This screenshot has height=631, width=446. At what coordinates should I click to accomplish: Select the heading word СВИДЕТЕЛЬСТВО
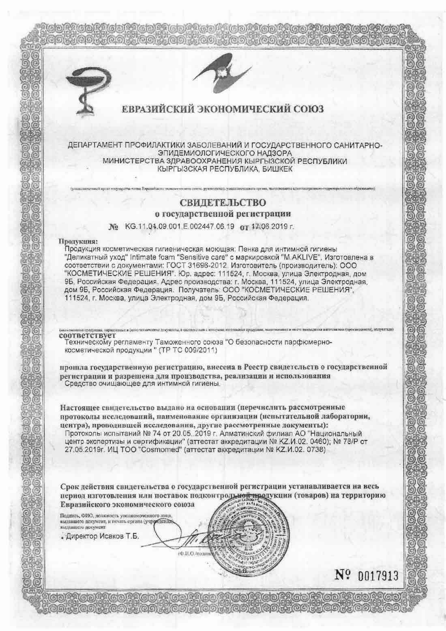pos(223,202)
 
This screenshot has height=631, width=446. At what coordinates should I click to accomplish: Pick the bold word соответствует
pos(87,336)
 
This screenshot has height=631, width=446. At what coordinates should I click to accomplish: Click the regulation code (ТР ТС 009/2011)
pos(192,350)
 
